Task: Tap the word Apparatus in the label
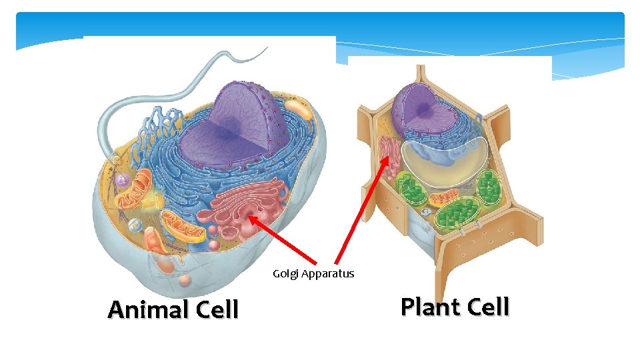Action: click(x=327, y=274)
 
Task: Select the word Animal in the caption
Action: click(x=148, y=310)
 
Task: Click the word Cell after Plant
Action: click(x=488, y=307)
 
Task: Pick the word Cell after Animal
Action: click(x=217, y=310)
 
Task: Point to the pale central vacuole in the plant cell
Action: click(x=443, y=160)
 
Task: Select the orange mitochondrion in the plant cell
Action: click(x=443, y=198)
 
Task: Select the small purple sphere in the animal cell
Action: click(x=121, y=180)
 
